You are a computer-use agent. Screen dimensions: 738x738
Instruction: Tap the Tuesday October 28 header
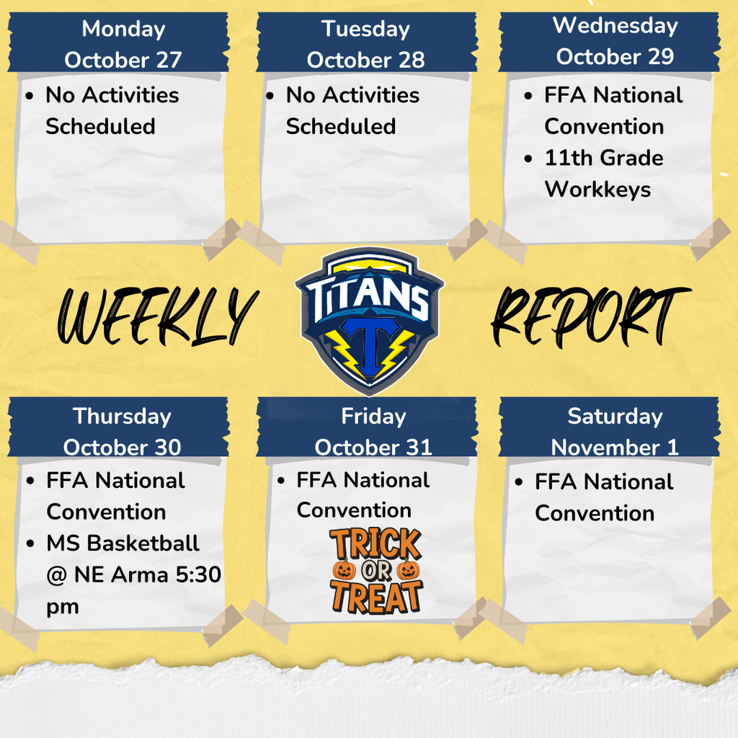(x=366, y=44)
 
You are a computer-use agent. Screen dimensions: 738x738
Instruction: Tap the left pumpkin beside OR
(x=343, y=570)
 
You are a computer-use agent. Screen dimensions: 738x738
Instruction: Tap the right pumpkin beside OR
(x=409, y=570)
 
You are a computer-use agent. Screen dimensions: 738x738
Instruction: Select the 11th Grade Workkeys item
(x=603, y=174)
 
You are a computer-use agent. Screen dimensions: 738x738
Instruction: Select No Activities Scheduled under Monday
(x=112, y=110)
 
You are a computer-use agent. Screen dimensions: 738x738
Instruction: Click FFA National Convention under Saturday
(x=603, y=497)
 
